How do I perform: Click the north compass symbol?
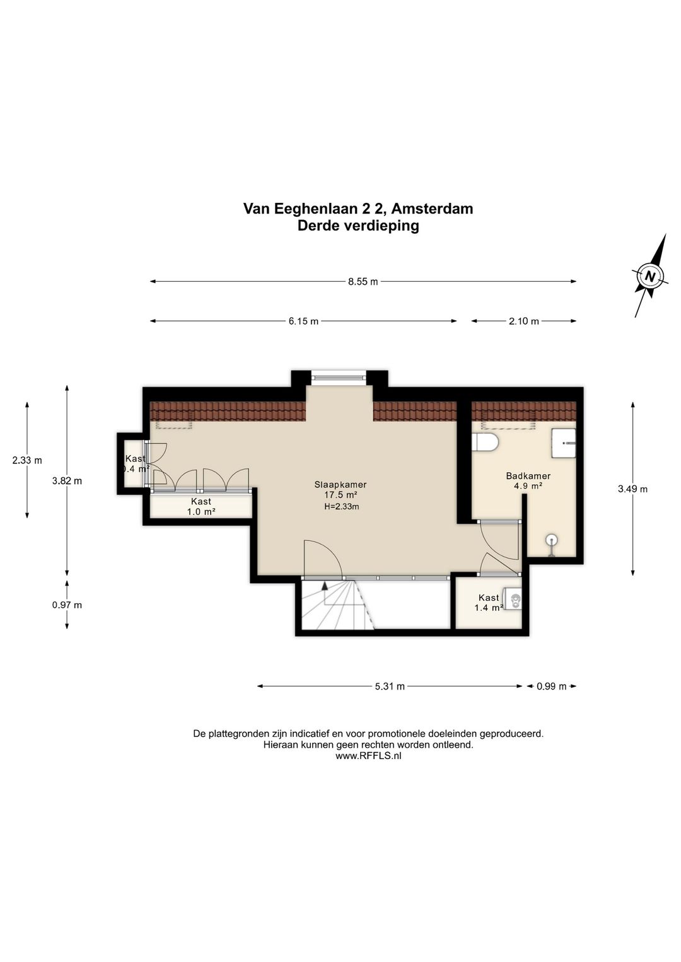pos(651,275)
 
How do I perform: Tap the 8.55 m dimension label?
pos(363,282)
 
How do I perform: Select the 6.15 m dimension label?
pos(304,322)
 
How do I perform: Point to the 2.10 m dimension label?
pos(524,322)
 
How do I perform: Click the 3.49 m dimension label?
pos(632,489)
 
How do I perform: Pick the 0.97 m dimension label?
pos(67,605)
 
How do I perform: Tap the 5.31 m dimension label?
pos(390,687)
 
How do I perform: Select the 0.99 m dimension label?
pos(552,687)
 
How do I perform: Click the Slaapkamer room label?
pos(340,485)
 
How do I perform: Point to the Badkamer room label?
pos(528,476)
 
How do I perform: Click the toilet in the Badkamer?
pos(485,443)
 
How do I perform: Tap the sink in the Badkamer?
pos(564,443)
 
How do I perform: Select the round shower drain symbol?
pos(551,540)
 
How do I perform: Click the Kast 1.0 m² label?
pos(201,506)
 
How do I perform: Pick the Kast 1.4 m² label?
pos(489,603)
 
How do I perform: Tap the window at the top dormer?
pos(339,377)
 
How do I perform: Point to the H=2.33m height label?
pos(342,507)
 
